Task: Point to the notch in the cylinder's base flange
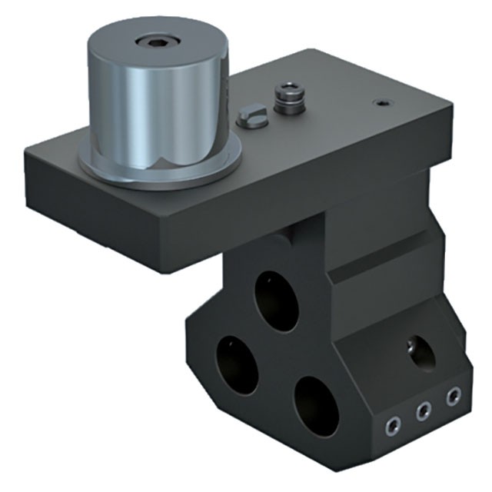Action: [x=165, y=163]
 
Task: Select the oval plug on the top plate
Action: [x=250, y=118]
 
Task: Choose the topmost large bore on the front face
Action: [x=278, y=301]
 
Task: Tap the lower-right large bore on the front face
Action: [x=315, y=406]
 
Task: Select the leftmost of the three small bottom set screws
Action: [x=394, y=425]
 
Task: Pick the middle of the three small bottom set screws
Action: [x=423, y=411]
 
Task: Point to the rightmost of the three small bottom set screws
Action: [x=454, y=397]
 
